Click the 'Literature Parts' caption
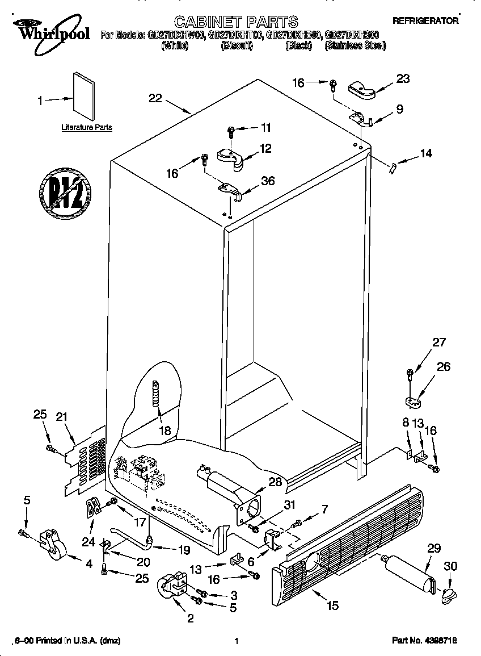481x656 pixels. click(x=86, y=128)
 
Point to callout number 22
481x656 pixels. click(x=155, y=98)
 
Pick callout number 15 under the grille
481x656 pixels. click(x=332, y=605)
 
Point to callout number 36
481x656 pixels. click(x=267, y=181)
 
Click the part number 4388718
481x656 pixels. click(x=424, y=641)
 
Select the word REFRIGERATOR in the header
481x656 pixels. click(x=426, y=20)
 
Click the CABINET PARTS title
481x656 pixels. click(x=235, y=22)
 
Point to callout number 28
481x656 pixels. click(x=275, y=482)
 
